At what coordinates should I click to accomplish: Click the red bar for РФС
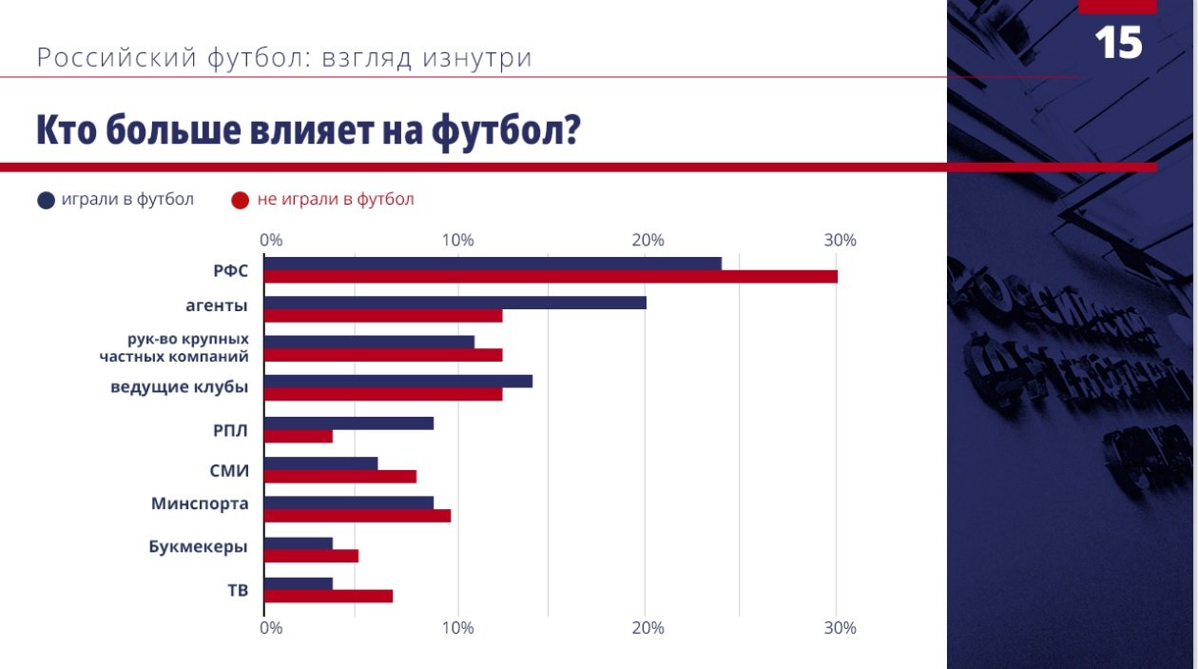click(x=551, y=277)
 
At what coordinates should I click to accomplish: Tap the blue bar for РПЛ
click(x=349, y=423)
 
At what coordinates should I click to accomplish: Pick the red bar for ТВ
click(x=328, y=597)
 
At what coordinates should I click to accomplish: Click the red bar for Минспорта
click(x=357, y=516)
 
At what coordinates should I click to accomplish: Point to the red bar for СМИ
click(x=340, y=477)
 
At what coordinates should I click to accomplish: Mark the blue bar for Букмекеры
click(x=299, y=543)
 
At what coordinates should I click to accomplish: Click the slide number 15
click(x=1118, y=43)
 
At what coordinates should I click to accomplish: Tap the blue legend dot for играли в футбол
click(x=46, y=200)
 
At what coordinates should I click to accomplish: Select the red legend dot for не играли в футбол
click(x=241, y=200)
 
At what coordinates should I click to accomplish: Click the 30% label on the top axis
click(x=841, y=241)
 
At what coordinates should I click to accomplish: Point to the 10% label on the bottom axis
click(x=457, y=628)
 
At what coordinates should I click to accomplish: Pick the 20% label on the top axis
click(x=647, y=241)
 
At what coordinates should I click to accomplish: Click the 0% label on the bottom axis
click(x=271, y=628)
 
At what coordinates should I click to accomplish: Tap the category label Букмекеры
click(x=199, y=547)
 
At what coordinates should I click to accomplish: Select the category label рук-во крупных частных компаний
click(x=174, y=347)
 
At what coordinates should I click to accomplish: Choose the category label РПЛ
click(x=230, y=430)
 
